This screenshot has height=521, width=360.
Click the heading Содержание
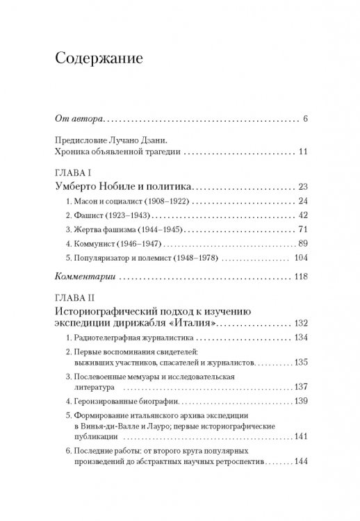coord(97,58)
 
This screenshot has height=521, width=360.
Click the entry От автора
coord(77,119)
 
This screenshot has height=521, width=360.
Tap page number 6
coord(306,119)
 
